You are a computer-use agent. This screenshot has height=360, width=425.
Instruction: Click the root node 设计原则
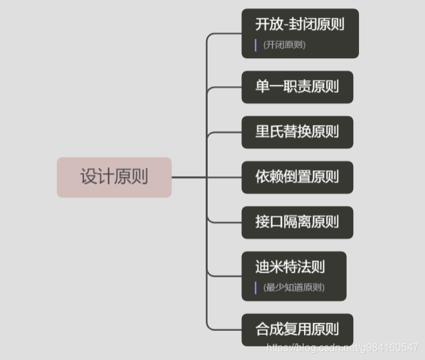coord(114,177)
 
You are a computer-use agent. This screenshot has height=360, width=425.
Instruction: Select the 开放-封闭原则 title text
coord(299,25)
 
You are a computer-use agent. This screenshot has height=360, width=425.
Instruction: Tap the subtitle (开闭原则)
coord(284,45)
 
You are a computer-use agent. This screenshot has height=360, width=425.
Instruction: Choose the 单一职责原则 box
coord(297,87)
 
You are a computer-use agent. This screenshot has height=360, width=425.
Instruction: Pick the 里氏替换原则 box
coord(297,132)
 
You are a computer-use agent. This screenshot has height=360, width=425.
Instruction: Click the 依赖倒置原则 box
coord(297,177)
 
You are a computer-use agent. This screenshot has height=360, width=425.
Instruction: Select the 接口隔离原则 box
coord(297,222)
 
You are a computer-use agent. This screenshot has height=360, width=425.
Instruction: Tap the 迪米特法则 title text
coord(290,267)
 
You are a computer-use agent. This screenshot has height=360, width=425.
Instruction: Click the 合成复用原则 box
coord(297,329)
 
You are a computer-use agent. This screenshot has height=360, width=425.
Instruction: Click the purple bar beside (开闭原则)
coord(256,45)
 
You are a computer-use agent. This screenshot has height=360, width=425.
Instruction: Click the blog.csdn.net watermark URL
coord(342,348)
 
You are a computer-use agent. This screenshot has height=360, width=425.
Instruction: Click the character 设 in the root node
coord(89,177)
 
